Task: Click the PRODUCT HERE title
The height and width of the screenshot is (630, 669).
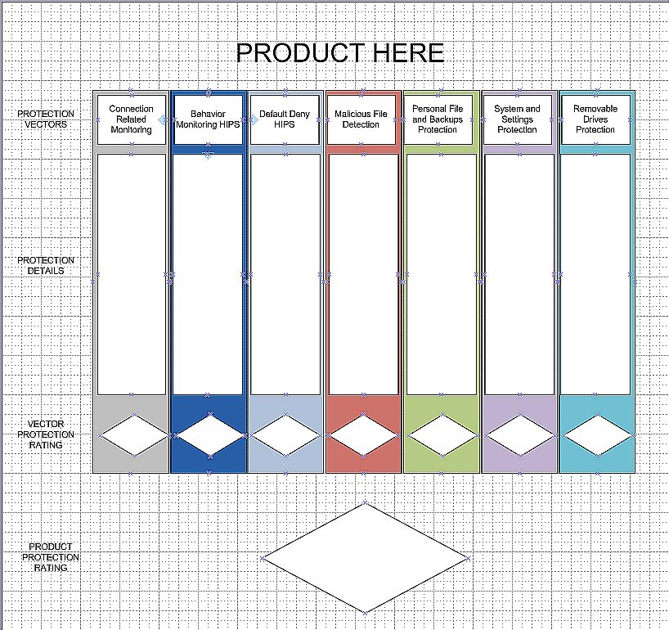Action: pos(339,53)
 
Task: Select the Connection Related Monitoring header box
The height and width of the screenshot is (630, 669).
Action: pos(131,119)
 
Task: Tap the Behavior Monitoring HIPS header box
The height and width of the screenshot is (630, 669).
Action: pos(208,119)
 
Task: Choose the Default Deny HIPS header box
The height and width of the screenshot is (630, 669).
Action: pos(285,119)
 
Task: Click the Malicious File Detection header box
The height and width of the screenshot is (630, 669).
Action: pos(361,119)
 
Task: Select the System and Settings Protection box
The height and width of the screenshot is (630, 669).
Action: pos(517,119)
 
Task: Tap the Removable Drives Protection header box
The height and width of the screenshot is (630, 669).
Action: pos(595,119)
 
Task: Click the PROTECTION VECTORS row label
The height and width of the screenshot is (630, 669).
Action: pos(46,119)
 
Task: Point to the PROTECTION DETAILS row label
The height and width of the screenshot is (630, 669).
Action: pos(46,265)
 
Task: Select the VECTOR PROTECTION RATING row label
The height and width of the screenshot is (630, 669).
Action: pos(46,434)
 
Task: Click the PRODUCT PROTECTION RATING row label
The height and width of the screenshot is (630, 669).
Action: pos(51,557)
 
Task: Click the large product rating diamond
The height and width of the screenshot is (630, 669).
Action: pos(365,558)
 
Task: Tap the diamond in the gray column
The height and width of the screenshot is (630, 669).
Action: pos(132,434)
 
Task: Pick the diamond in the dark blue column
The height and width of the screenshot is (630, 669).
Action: pos(209,434)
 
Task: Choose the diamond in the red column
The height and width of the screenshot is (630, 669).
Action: pos(364,434)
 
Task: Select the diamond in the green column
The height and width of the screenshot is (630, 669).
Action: pos(442,434)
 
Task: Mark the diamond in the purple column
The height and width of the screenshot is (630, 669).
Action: pos(519,434)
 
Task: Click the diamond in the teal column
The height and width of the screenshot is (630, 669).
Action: pos(597,434)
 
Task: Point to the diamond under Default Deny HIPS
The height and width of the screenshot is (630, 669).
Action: pos(286,434)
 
